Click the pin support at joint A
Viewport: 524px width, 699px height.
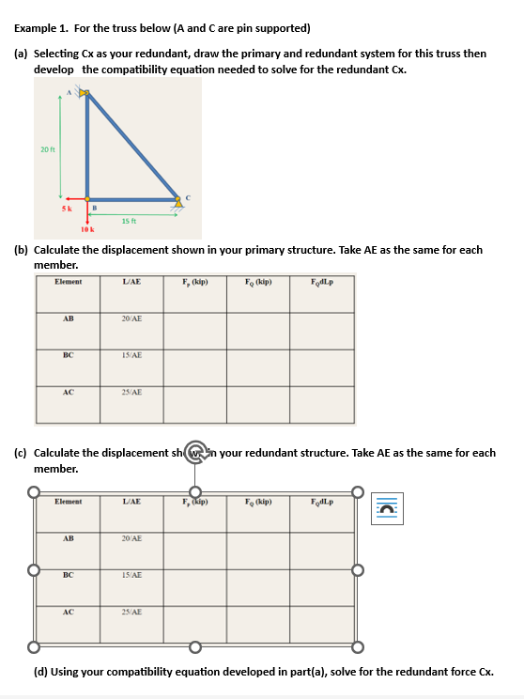84,93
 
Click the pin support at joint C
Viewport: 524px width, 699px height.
178,200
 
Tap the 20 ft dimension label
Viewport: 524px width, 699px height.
46,149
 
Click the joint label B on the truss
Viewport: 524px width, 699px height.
94,207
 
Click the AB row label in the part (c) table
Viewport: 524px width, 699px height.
69,538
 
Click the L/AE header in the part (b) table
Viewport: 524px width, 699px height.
132,282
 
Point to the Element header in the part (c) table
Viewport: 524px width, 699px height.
69,502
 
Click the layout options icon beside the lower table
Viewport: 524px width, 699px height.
386,508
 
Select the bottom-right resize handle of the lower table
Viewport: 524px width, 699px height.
357,646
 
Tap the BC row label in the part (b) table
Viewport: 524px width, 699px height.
69,356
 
